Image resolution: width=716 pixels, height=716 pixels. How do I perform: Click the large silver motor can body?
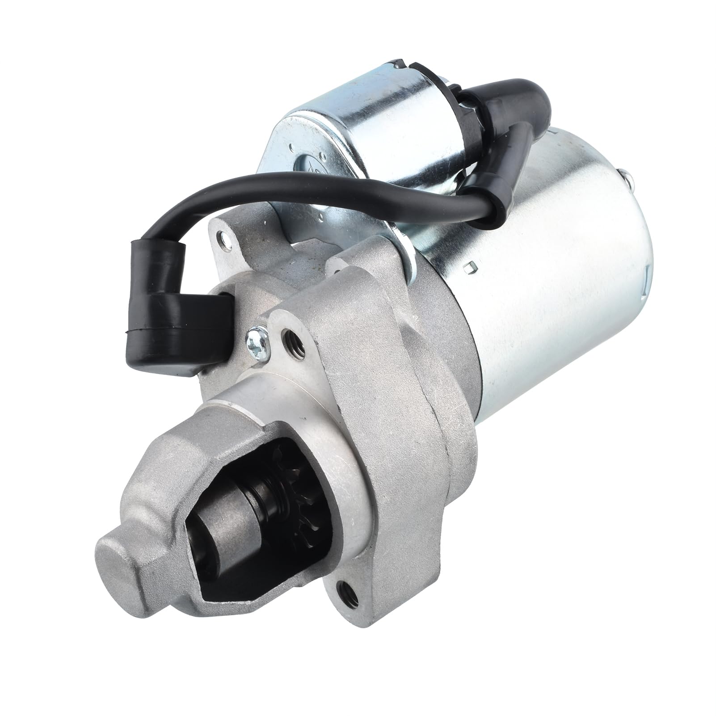(536, 268)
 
